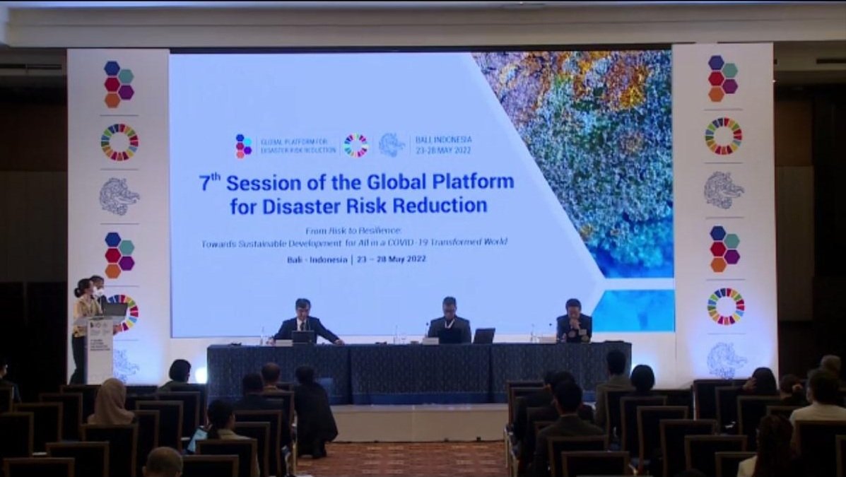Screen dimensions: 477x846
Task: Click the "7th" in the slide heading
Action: pos(210,183)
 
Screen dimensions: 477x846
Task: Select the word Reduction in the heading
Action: pos(443,206)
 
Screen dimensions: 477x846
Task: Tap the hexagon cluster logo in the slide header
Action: pos(244,146)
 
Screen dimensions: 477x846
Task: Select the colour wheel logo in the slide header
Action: pos(356,146)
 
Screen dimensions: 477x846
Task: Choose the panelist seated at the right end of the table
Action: pos(573,322)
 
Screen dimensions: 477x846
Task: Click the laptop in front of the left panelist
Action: pos(303,337)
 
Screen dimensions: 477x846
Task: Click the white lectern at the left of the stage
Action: pos(100,350)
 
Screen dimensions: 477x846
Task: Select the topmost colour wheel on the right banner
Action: pos(724,136)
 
